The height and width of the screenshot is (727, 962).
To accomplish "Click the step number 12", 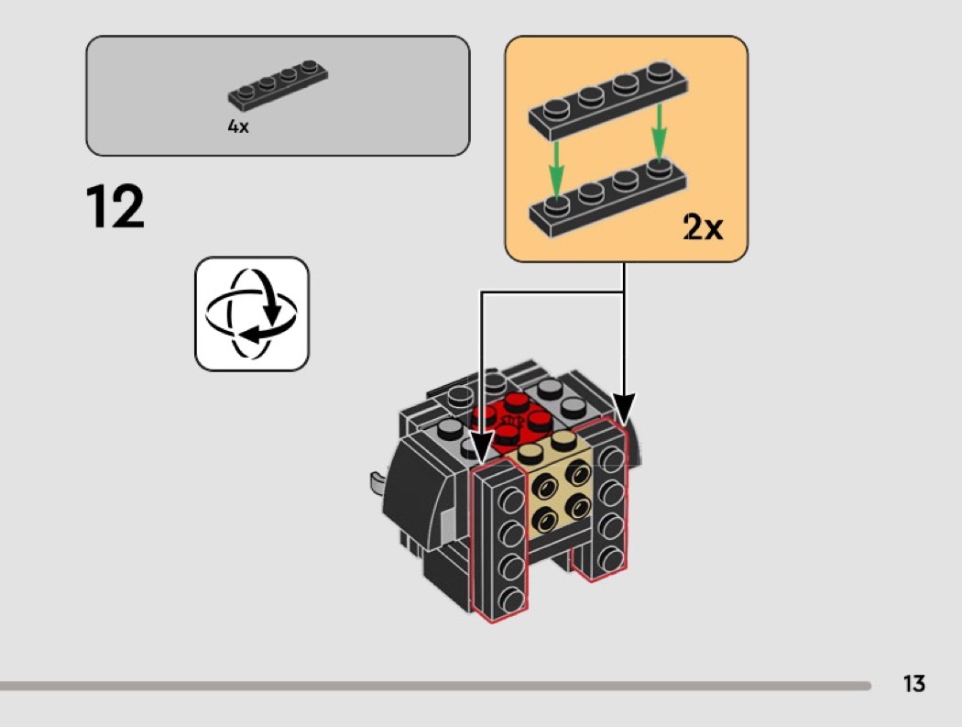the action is [115, 207].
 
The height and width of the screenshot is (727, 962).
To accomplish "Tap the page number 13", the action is [913, 683].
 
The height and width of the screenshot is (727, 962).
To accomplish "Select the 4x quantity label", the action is [238, 127].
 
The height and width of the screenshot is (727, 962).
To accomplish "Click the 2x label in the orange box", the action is [703, 226].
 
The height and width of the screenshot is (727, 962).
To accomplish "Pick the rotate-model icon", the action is [252, 314].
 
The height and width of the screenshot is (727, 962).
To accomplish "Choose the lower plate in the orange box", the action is [608, 198].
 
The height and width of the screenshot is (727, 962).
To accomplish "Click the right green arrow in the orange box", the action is [659, 135].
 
